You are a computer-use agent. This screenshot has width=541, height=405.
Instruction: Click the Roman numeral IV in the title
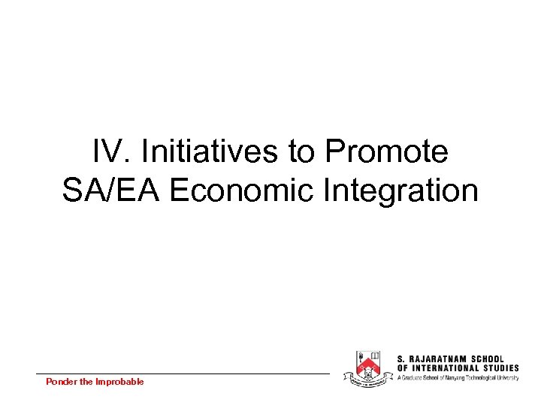106,152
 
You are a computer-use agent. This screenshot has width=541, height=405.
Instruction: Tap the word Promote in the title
387,152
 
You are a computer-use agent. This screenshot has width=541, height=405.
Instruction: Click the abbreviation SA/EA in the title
112,190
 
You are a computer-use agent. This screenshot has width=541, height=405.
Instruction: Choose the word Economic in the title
240,190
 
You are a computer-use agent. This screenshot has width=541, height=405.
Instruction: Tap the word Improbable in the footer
119,382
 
